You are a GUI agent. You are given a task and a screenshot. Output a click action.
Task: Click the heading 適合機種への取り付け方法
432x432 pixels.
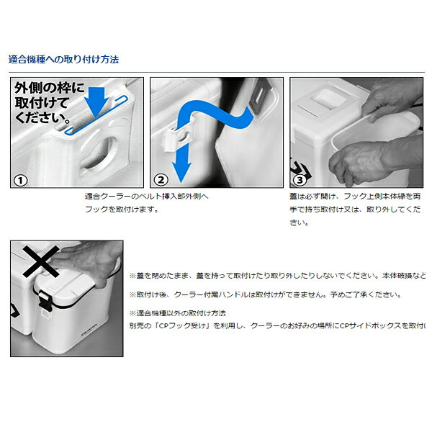(x=63, y=60)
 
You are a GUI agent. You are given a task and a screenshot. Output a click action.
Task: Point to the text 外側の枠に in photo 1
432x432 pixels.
(x=49, y=89)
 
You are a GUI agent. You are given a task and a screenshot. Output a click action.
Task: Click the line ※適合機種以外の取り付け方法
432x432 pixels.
(x=177, y=313)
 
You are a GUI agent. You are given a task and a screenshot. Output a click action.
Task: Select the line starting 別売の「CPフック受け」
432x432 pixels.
(x=277, y=325)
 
